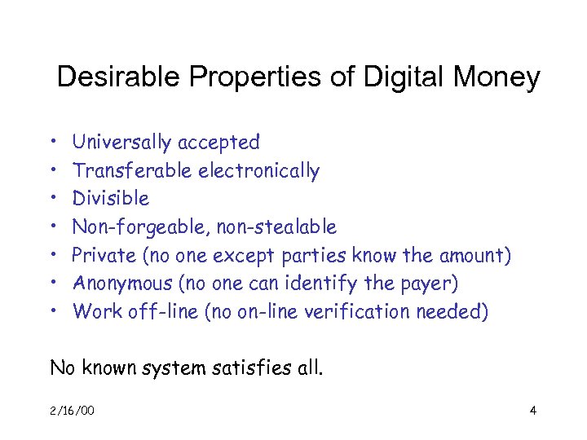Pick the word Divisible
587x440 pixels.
[x=111, y=199]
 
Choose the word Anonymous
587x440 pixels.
[x=119, y=284]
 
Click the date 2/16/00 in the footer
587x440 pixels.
[x=73, y=410]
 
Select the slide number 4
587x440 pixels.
[x=532, y=410]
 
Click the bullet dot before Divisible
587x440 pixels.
[x=51, y=199]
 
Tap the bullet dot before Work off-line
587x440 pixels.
[x=51, y=311]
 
